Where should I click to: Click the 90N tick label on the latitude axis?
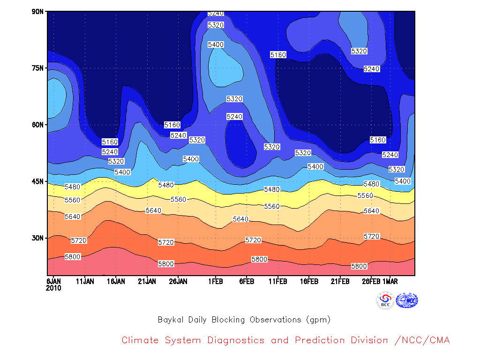click(37, 12)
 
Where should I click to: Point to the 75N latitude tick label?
click(37, 68)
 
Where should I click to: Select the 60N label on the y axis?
click(37, 125)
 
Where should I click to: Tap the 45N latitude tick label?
click(37, 181)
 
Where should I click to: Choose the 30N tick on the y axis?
click(37, 238)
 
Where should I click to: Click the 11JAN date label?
click(85, 281)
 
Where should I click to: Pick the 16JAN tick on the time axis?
click(116, 281)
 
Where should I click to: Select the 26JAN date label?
click(178, 281)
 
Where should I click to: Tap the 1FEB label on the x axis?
click(216, 281)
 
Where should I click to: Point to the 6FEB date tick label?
click(247, 281)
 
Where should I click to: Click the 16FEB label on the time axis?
click(309, 281)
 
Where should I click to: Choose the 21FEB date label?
click(340, 281)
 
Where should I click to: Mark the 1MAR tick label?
click(390, 281)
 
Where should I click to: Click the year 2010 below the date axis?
click(53, 288)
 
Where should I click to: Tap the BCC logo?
click(385, 300)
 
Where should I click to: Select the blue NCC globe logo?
click(407, 300)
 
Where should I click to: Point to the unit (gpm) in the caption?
click(318, 320)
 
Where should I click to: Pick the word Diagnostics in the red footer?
click(236, 340)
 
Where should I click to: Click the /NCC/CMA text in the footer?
click(422, 340)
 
